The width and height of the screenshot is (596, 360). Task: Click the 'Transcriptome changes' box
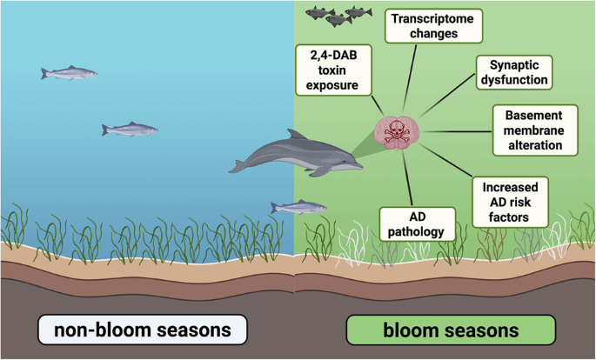pyautogui.click(x=432, y=26)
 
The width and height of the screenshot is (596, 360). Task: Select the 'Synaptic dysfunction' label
pyautogui.click(x=515, y=72)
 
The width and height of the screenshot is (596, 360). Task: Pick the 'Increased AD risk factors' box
pyautogui.click(x=511, y=201)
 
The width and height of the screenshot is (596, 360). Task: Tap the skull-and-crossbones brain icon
pyautogui.click(x=398, y=132)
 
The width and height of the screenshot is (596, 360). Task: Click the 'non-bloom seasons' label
pyautogui.click(x=143, y=330)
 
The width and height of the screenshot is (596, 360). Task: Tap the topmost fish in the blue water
pyautogui.click(x=69, y=73)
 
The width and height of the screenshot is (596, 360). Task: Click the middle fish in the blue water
pyautogui.click(x=130, y=130)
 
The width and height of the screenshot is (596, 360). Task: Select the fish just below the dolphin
pyautogui.click(x=298, y=207)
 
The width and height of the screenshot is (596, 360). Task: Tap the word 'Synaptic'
pyautogui.click(x=515, y=64)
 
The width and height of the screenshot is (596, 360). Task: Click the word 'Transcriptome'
pyautogui.click(x=432, y=17)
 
